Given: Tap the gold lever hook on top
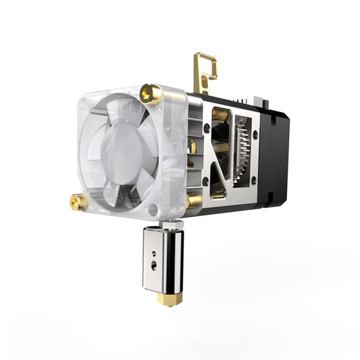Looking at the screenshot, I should [x=204, y=68].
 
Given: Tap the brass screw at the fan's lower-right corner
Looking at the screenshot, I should [x=192, y=201].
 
